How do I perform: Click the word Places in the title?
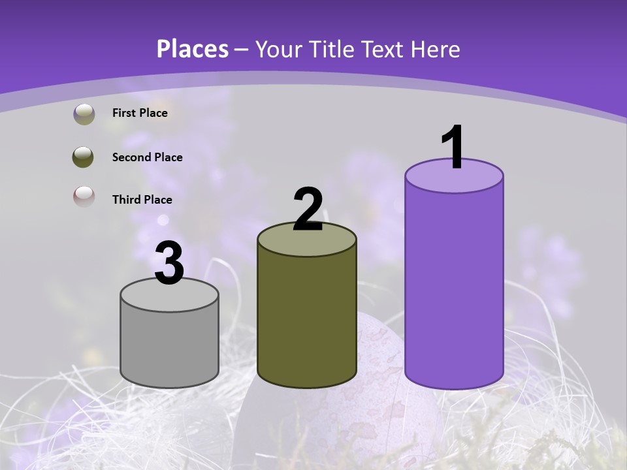pos(193,49)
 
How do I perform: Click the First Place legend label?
pos(140,113)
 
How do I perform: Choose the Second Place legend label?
pos(147,157)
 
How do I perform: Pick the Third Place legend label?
pos(142,200)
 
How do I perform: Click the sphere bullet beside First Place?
pos(84,114)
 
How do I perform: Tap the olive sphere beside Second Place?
pos(84,157)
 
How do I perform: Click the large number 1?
pos(453,147)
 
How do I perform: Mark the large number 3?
pos(169,264)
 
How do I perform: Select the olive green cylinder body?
pos(307,320)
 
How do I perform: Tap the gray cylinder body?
pos(169,346)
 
